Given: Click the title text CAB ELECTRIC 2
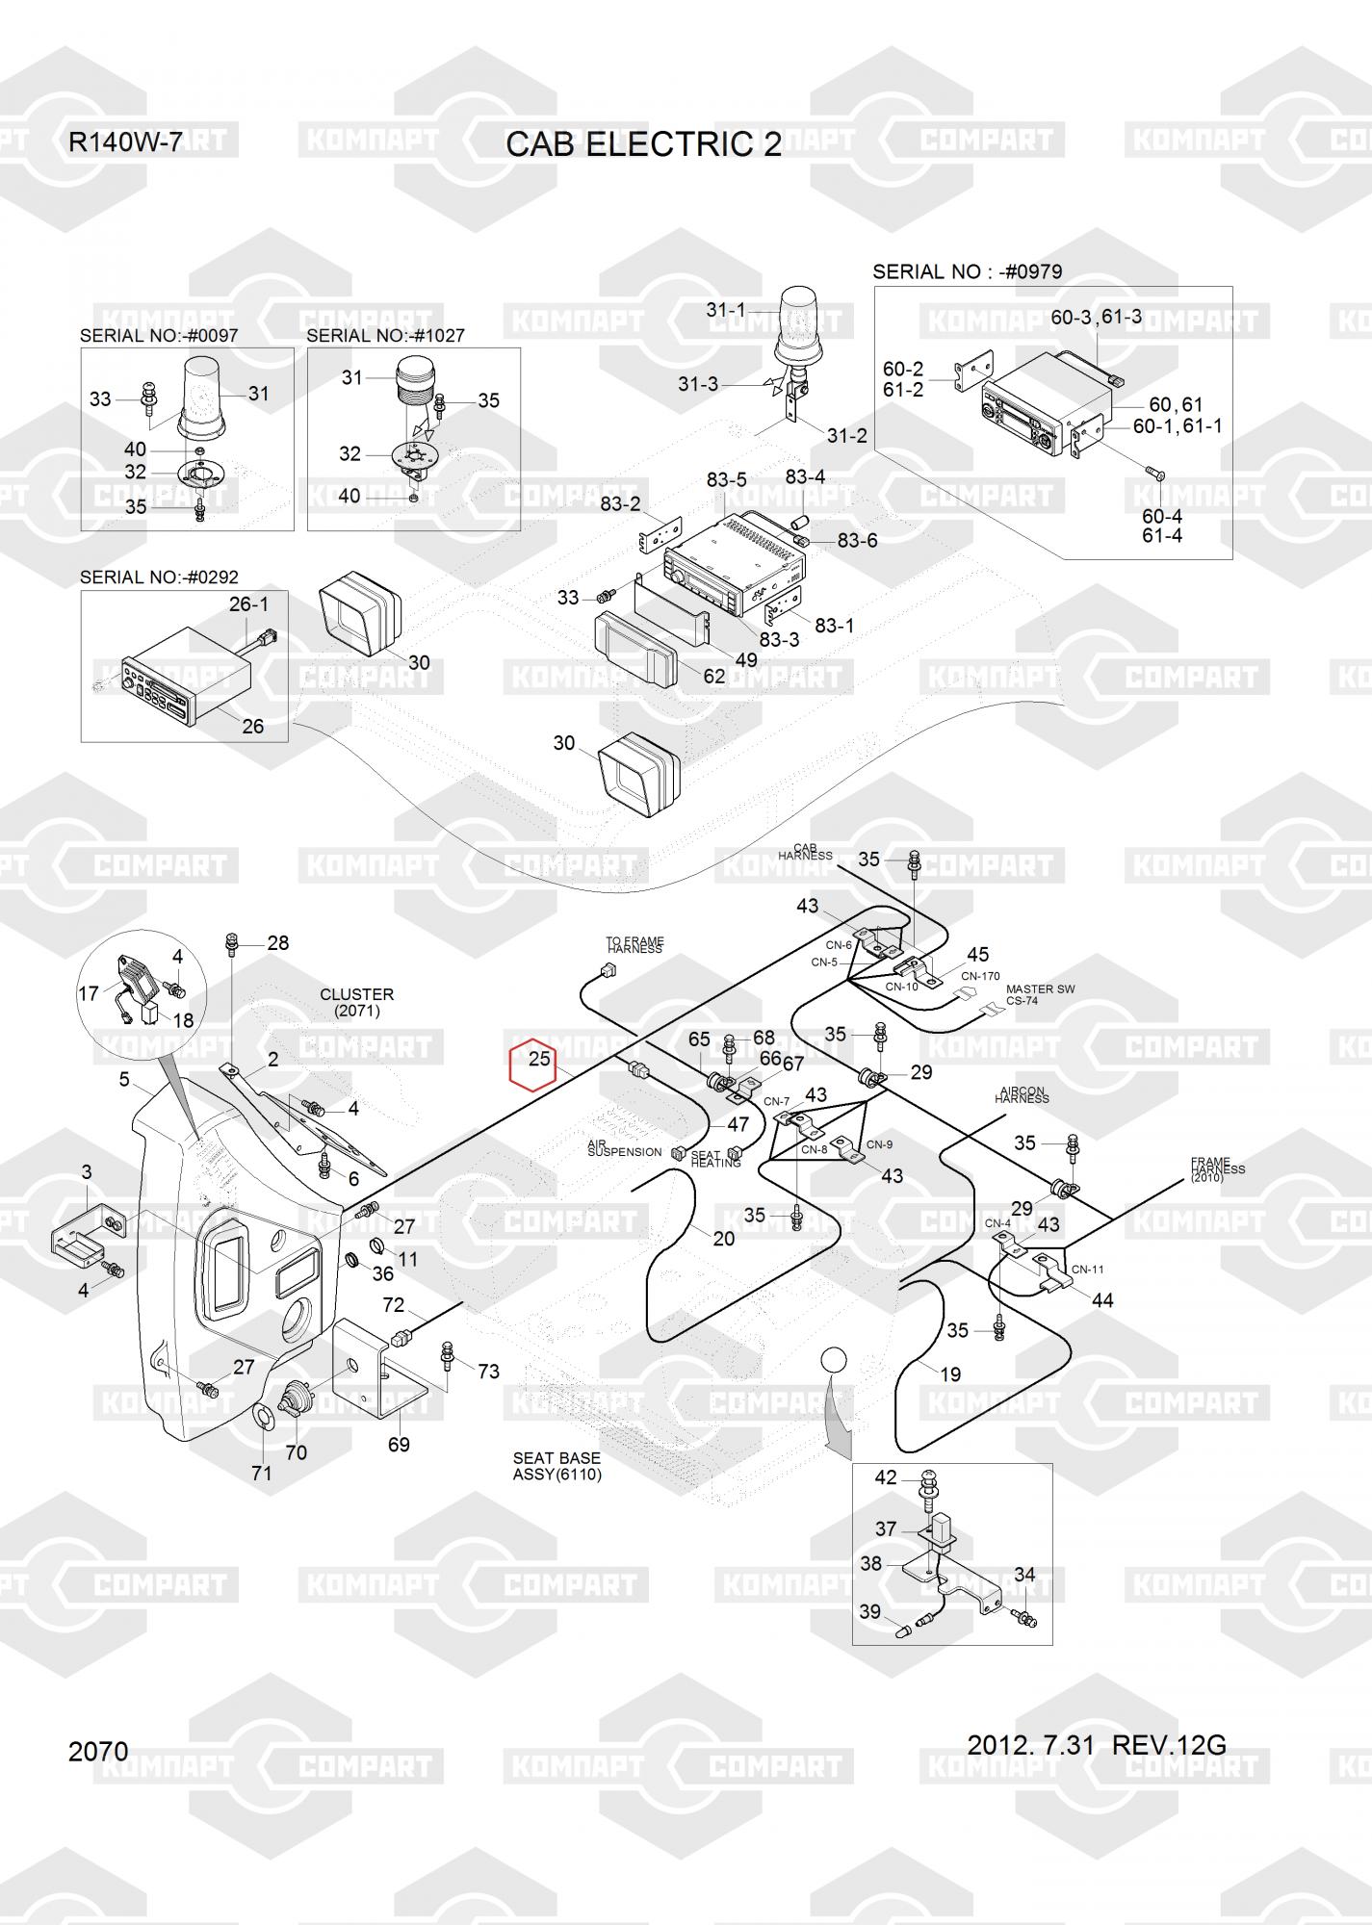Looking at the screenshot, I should coord(643,144).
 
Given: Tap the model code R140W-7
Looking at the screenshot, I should coord(124,142).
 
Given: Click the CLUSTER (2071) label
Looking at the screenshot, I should coord(356,1002).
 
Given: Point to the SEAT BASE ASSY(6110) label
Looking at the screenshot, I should coord(557,1467).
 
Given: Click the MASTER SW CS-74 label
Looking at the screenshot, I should coord(1040,994).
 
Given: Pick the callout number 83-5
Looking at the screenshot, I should coord(727,479).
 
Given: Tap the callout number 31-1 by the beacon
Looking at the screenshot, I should coord(726,310).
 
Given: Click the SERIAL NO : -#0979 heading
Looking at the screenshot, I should coord(967,271).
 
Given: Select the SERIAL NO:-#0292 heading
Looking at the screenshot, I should coord(159,577).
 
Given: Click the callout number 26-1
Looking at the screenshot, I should coord(248,604).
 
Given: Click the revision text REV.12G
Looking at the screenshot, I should coord(1169,1745).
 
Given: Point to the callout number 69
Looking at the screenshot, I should coord(398,1444).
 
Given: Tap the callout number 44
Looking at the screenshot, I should coord(1101,1300).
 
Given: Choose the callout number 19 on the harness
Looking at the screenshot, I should coord(949,1374).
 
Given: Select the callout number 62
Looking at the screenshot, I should coord(713,677).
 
